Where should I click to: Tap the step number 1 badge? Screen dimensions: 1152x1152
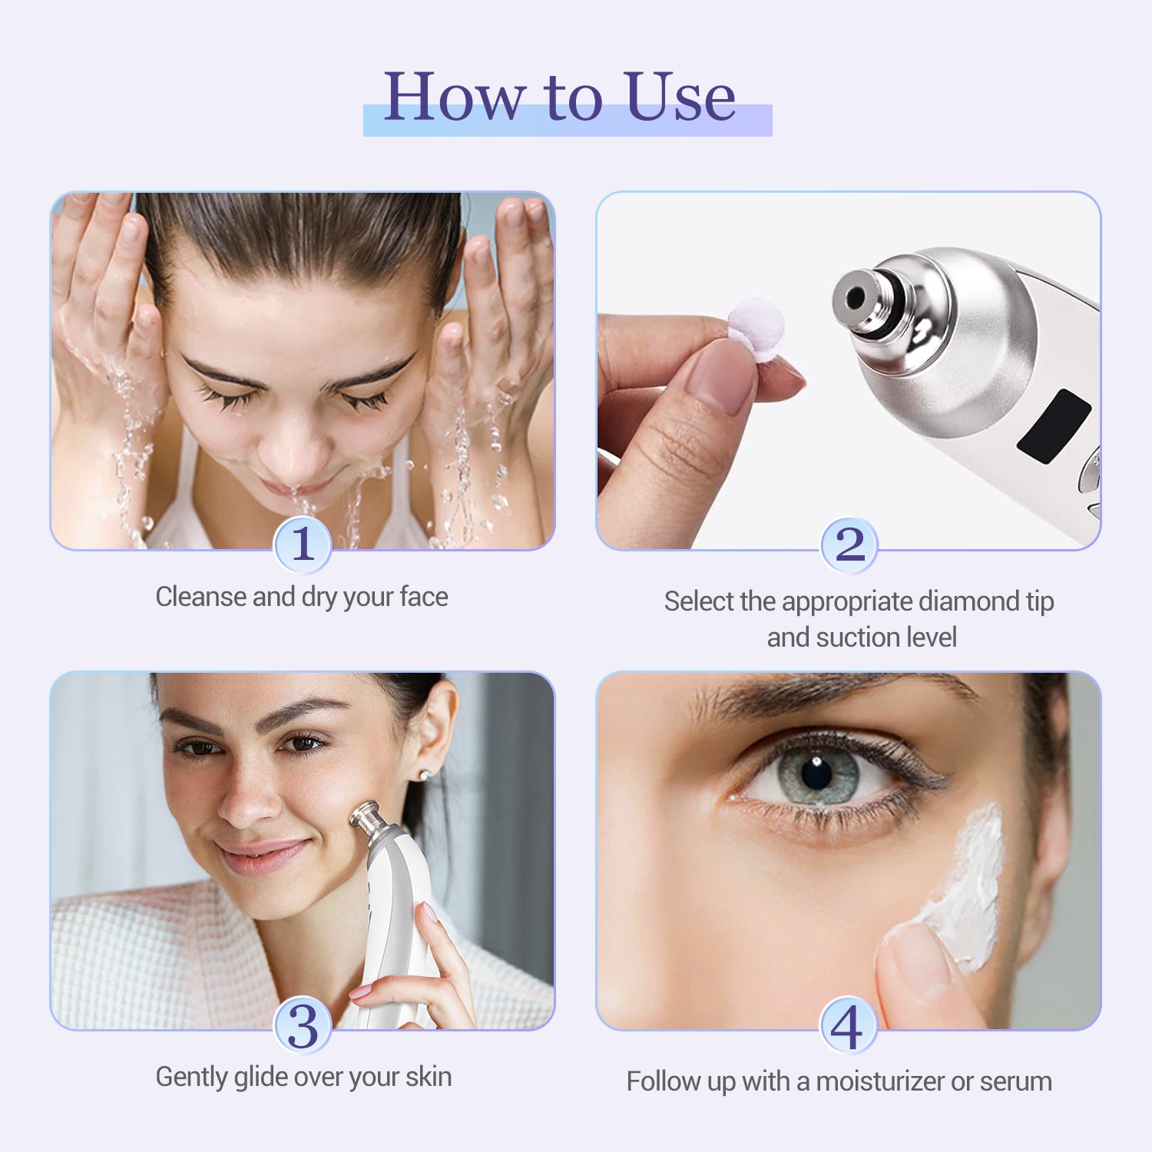click(x=303, y=545)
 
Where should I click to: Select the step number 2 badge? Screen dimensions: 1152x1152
click(x=849, y=545)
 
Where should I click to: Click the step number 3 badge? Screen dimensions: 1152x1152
click(x=303, y=1026)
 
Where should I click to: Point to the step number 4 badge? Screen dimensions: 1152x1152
click(x=849, y=1026)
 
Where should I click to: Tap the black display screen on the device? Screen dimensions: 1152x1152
click(x=1054, y=426)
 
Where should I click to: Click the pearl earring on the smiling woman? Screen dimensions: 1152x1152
click(x=423, y=775)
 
